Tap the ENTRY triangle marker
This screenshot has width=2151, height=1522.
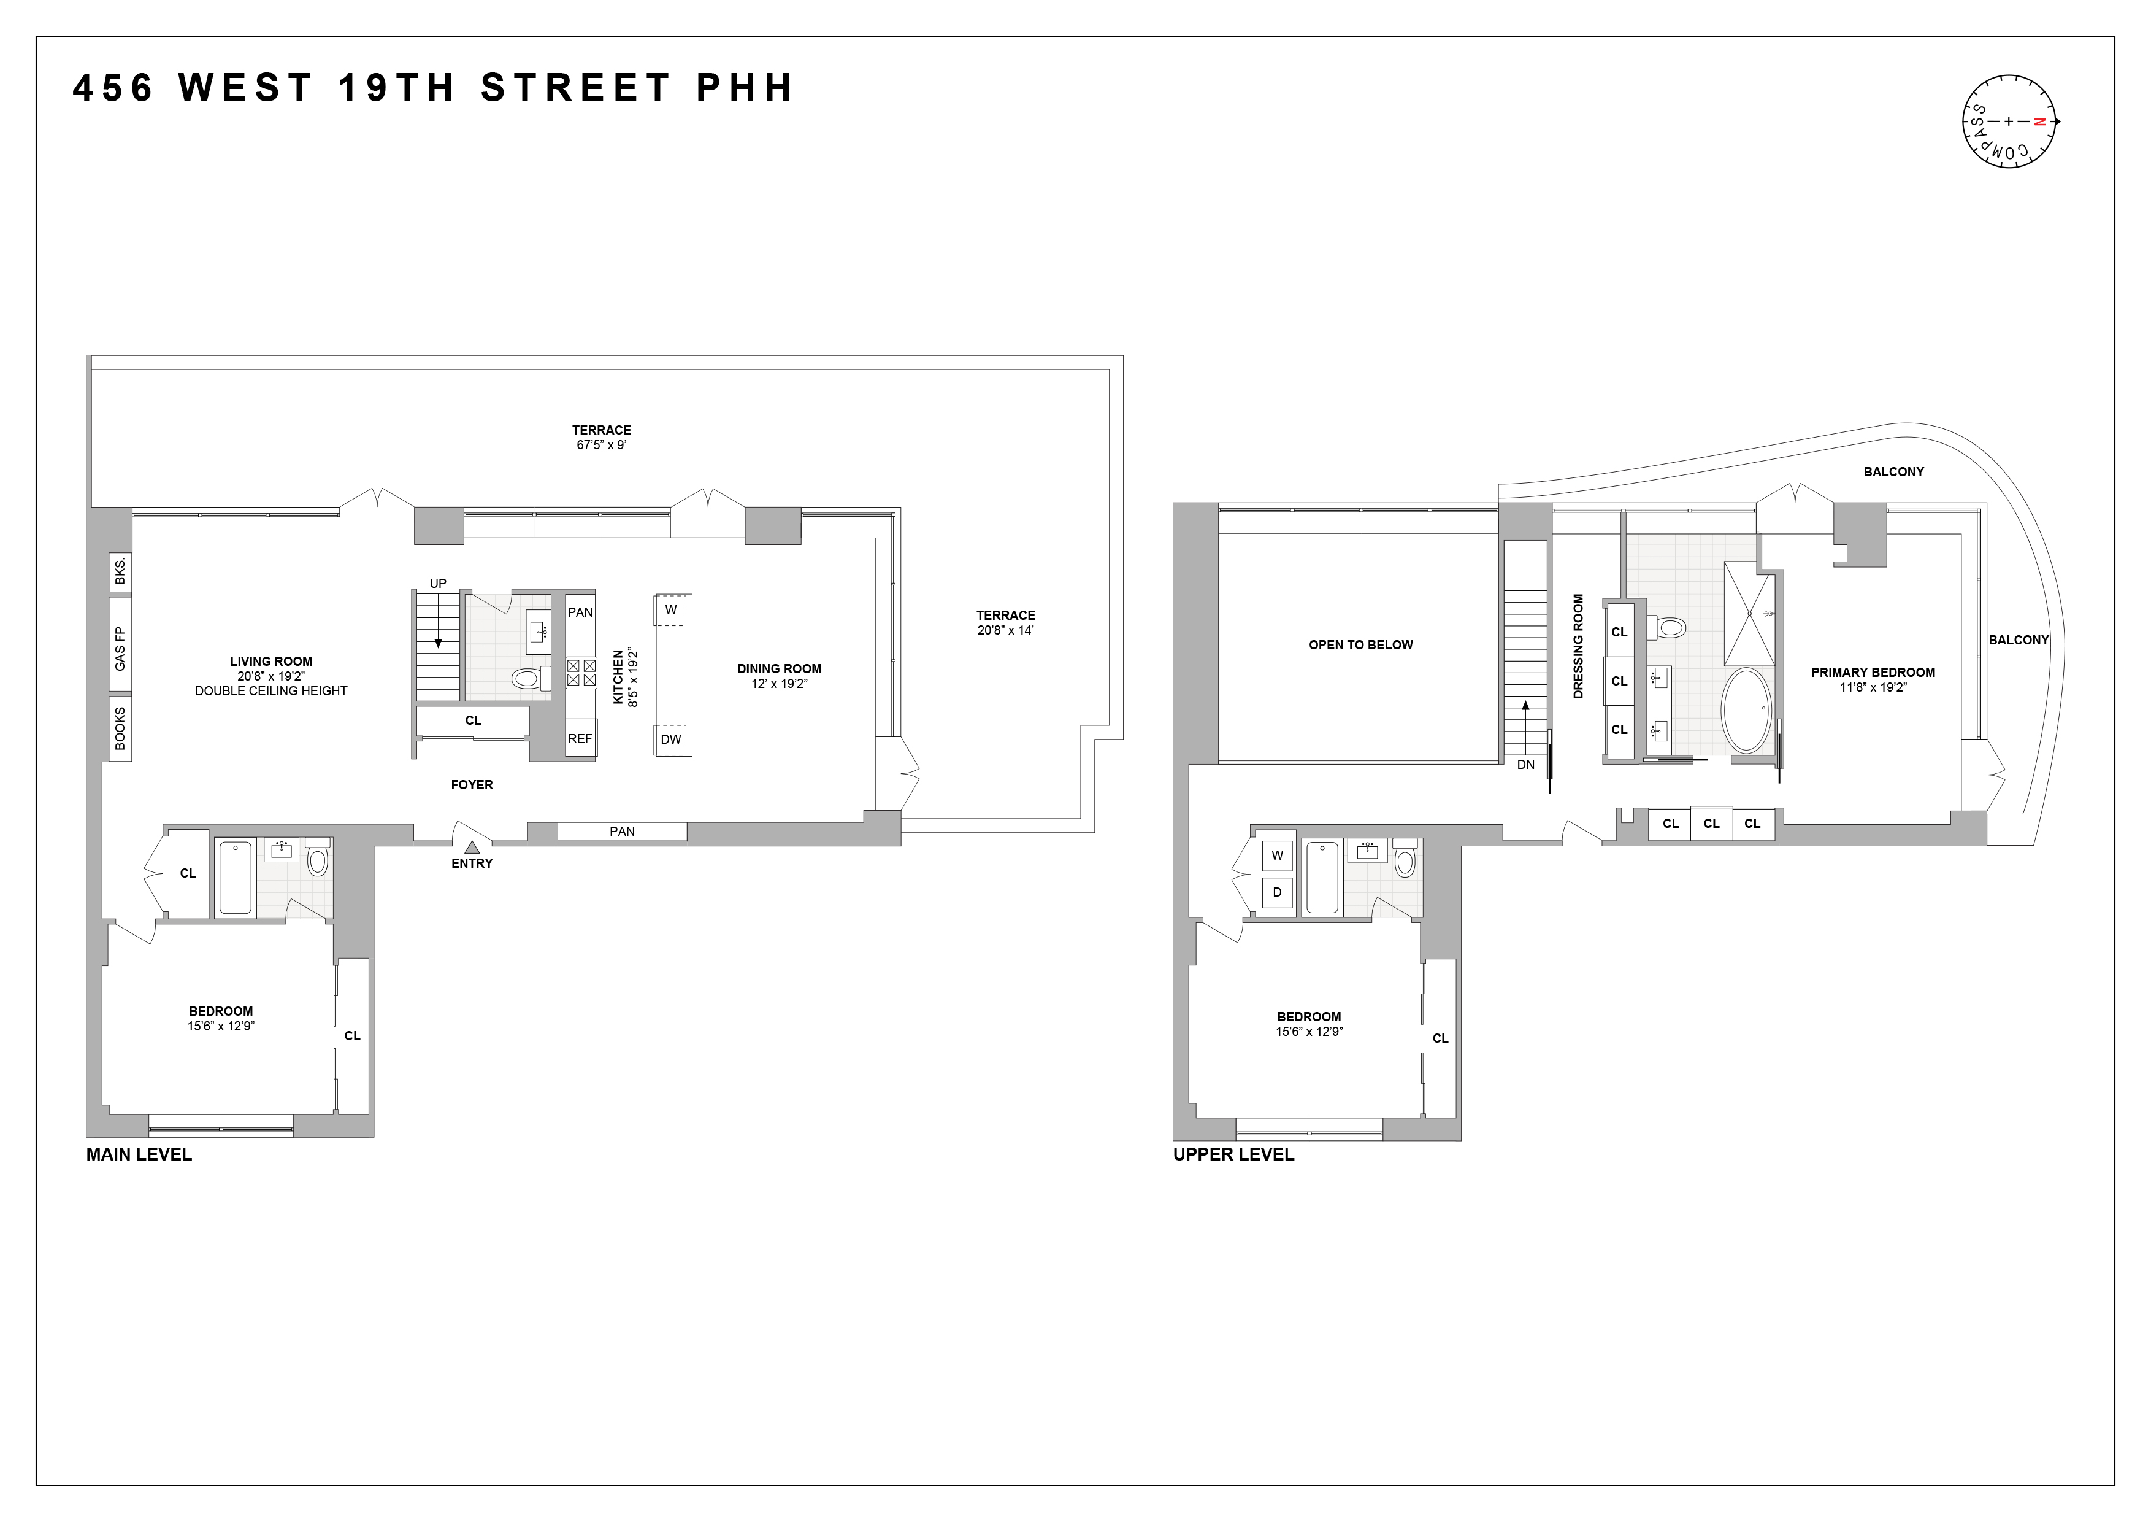472,846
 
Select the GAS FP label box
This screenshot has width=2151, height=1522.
120,647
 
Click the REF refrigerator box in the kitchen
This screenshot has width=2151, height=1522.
580,738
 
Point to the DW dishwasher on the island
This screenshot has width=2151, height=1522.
671,740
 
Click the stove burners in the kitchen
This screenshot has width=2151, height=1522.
581,673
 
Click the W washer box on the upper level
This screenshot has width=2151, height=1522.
1277,855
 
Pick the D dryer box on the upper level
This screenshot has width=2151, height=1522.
1277,892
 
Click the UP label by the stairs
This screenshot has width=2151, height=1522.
437,583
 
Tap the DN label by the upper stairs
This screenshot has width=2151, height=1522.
1526,764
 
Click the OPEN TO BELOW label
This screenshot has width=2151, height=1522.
1360,645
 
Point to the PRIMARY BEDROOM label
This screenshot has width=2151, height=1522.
1873,672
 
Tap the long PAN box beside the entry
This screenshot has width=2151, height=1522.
622,832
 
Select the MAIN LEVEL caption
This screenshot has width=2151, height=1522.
139,1154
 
